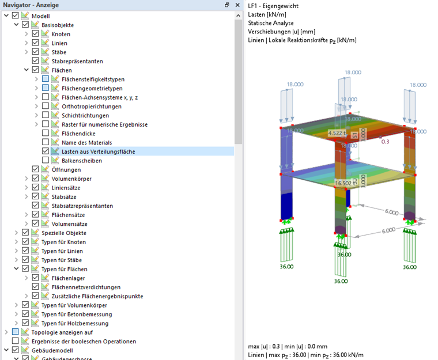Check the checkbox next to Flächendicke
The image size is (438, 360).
click(x=46, y=134)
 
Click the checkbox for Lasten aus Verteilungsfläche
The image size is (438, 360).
click(x=46, y=151)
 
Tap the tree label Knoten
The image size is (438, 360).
click(x=61, y=34)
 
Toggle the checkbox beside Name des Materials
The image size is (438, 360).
click(x=46, y=142)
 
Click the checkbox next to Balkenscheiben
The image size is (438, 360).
click(x=46, y=161)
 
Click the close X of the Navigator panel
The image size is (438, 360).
click(x=236, y=5)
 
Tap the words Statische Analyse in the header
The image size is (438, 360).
click(x=270, y=22)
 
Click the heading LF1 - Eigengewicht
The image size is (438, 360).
click(x=277, y=5)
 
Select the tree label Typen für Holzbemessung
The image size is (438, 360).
click(x=73, y=323)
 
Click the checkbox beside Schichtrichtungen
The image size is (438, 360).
click(x=46, y=115)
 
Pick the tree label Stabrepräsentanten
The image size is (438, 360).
click(x=77, y=61)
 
